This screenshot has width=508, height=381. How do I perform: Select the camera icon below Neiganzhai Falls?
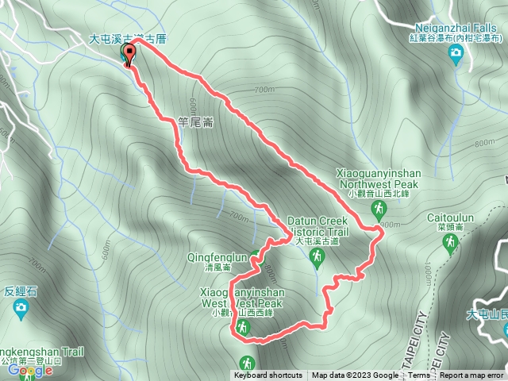(456, 53)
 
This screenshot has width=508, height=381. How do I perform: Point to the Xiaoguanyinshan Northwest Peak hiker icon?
(378, 209)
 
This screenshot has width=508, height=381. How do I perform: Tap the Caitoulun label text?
(450, 215)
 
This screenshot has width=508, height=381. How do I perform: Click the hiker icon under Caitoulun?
(450, 242)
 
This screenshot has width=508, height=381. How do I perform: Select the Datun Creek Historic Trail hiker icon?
(317, 256)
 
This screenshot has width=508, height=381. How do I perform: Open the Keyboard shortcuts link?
(267, 375)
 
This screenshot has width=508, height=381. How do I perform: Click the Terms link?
(419, 375)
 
